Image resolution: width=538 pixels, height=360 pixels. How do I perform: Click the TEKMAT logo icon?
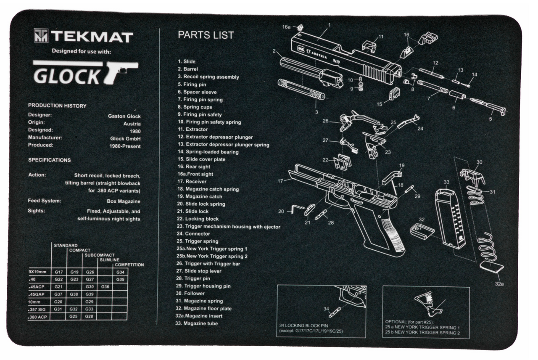pos(41,36)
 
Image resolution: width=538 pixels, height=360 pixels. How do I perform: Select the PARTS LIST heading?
pos(206,35)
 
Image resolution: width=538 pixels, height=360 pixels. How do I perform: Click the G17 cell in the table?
pos(59,272)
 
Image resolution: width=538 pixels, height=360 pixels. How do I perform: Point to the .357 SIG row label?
pos(38,309)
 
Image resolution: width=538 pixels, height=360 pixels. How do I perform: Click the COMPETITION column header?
pos(129,265)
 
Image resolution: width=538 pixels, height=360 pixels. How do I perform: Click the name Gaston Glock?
pos(124,116)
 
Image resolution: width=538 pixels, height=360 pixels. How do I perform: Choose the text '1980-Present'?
pos(125,146)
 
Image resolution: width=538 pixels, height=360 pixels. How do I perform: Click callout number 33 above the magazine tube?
pos(446,182)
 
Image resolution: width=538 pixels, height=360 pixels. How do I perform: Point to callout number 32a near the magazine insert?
pos(499,284)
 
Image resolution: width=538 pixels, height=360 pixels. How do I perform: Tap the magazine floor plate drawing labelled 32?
pos(422,232)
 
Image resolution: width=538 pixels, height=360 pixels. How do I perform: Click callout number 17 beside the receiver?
pos(280,181)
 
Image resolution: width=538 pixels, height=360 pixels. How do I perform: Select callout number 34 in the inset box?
pos(326,309)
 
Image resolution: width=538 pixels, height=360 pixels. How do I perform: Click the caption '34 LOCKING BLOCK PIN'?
pos(306,326)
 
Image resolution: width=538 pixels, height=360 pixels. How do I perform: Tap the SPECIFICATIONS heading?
pos(49,160)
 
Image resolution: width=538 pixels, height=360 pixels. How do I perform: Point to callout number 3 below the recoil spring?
pos(316,112)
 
